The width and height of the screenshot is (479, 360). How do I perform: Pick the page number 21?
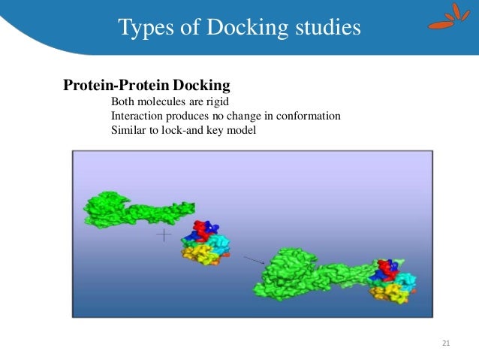pyautogui.click(x=446, y=343)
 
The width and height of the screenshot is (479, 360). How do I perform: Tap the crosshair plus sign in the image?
pyautogui.click(x=164, y=236)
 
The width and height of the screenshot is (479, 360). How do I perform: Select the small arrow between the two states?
pyautogui.click(x=254, y=259)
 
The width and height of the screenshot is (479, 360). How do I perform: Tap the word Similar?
pyautogui.click(x=128, y=130)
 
